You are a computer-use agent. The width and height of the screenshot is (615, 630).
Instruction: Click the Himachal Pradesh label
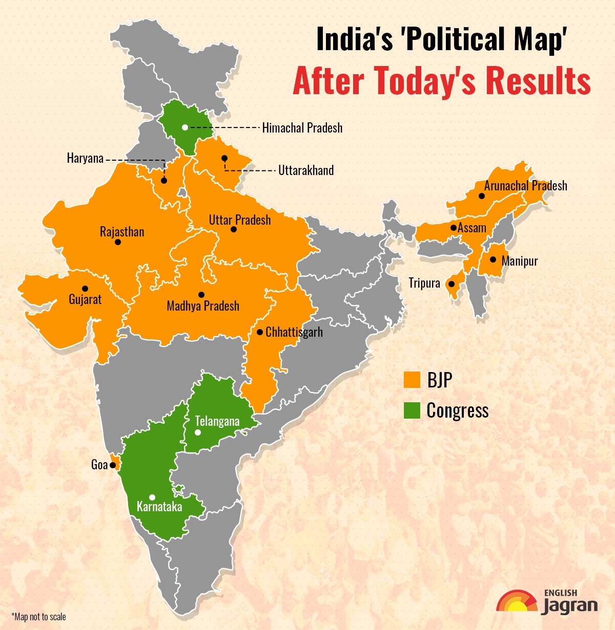point(302,127)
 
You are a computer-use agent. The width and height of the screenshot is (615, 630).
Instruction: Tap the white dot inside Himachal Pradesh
point(184,127)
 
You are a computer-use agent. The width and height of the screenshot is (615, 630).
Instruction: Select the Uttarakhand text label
point(306,170)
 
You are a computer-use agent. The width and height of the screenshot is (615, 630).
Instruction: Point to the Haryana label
point(85,158)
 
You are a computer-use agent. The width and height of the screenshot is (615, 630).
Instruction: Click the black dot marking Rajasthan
point(118,242)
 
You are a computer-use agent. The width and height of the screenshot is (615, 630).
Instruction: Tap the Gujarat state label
point(85,299)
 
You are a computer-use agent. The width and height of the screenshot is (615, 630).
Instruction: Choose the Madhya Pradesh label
point(203,306)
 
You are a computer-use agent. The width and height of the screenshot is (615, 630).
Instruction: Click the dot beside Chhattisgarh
point(260,332)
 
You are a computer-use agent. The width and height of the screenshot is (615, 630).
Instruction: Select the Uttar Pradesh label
point(240,220)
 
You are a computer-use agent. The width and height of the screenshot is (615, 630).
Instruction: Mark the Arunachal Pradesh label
point(525,185)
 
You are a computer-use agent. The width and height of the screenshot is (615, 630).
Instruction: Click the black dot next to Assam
point(454,228)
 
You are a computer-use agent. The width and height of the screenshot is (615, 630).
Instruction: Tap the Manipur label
point(520,261)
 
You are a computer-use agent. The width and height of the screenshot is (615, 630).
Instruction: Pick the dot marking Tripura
point(452,284)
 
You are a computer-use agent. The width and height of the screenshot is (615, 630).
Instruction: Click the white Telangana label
point(217,421)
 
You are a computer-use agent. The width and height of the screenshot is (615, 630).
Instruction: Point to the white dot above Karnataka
point(152,497)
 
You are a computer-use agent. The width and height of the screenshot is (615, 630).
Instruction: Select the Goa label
point(99,465)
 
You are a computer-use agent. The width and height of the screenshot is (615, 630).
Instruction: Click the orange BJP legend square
point(412,380)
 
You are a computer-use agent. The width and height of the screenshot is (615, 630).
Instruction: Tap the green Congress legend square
point(412,410)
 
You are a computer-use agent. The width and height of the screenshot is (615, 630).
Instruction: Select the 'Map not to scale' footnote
point(38,617)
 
